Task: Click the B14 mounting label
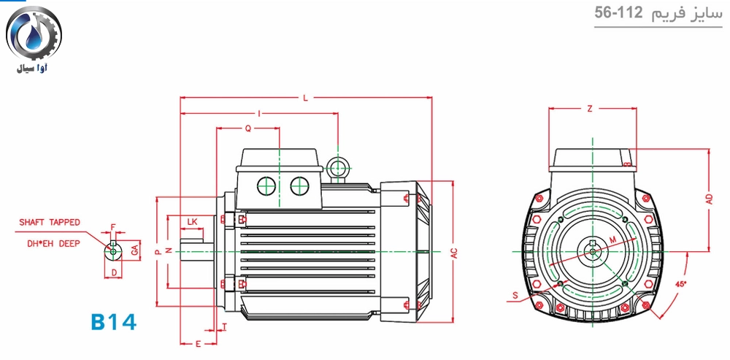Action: tap(113, 322)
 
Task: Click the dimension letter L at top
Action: tap(305, 98)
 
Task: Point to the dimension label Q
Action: tap(248, 129)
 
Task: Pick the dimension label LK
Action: tap(192, 222)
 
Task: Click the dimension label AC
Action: tap(454, 253)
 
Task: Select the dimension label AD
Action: tap(709, 199)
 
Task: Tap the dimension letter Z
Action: tap(589, 109)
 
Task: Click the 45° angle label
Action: tap(681, 283)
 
